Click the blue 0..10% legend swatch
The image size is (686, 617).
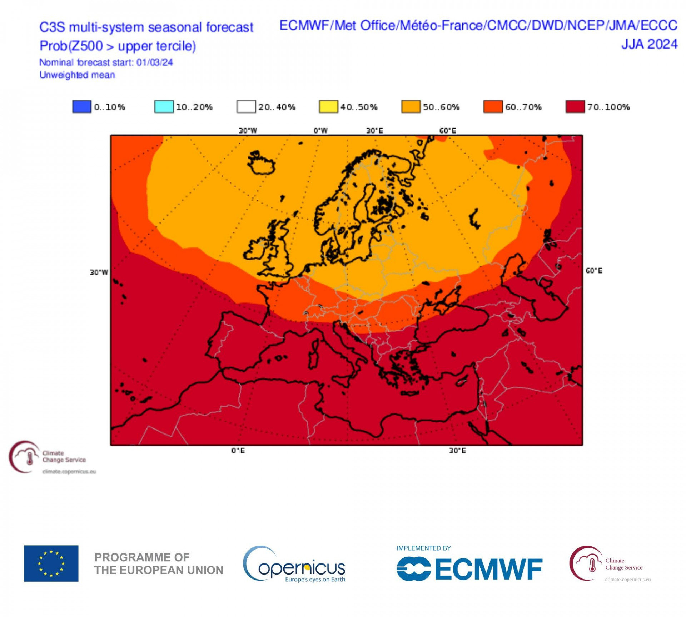[x=81, y=107]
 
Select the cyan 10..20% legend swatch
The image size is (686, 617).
[x=164, y=107]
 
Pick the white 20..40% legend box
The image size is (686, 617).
[x=246, y=107]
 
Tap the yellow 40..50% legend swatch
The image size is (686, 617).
[x=328, y=107]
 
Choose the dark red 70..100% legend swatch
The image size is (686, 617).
[x=575, y=107]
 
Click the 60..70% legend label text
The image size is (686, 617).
[x=523, y=107]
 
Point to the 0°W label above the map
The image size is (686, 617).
[x=320, y=131]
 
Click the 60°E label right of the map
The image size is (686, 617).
[x=593, y=271]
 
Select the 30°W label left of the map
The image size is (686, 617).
[x=99, y=272]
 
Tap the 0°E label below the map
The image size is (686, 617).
[x=238, y=451]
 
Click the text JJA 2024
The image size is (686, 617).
[x=649, y=44]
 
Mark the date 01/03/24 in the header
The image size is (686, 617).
[x=154, y=62]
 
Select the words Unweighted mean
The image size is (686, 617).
[x=77, y=75]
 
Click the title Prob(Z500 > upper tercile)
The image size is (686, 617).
[x=118, y=46]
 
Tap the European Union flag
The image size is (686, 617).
[x=51, y=563]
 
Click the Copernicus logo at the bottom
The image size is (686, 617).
[x=294, y=565]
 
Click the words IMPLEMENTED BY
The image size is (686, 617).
[x=423, y=548]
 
